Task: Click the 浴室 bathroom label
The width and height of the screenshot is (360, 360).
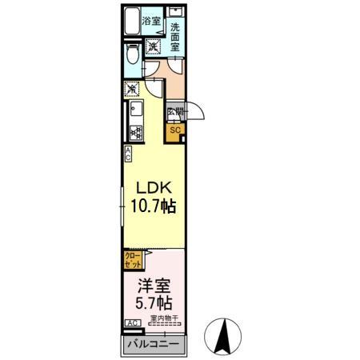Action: click(x=151, y=21)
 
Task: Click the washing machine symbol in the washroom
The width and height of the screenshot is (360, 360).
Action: click(x=152, y=46)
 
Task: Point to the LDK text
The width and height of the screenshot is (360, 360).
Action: click(x=153, y=186)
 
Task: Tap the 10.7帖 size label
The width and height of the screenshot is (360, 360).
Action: click(x=153, y=206)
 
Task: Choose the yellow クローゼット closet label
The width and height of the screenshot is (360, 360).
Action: click(x=133, y=259)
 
